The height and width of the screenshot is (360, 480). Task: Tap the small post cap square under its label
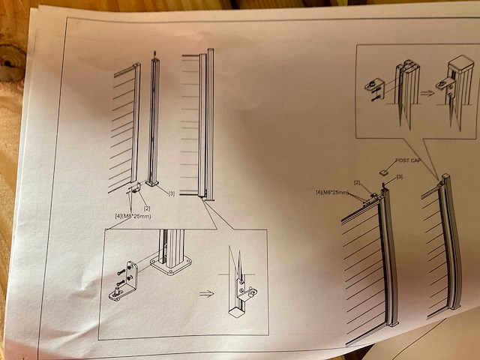pyautogui.click(x=384, y=171)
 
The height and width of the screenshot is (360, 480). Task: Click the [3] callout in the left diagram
pyautogui.click(x=172, y=194)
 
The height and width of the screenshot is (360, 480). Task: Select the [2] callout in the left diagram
pyautogui.click(x=147, y=207)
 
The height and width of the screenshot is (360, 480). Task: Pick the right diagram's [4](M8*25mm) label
pyautogui.click(x=333, y=193)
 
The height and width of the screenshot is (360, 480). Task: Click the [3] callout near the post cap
pyautogui.click(x=400, y=177)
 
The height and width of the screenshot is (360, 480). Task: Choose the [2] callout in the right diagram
pyautogui.click(x=358, y=183)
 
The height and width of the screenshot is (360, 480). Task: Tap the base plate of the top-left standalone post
pyautogui.click(x=155, y=181)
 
